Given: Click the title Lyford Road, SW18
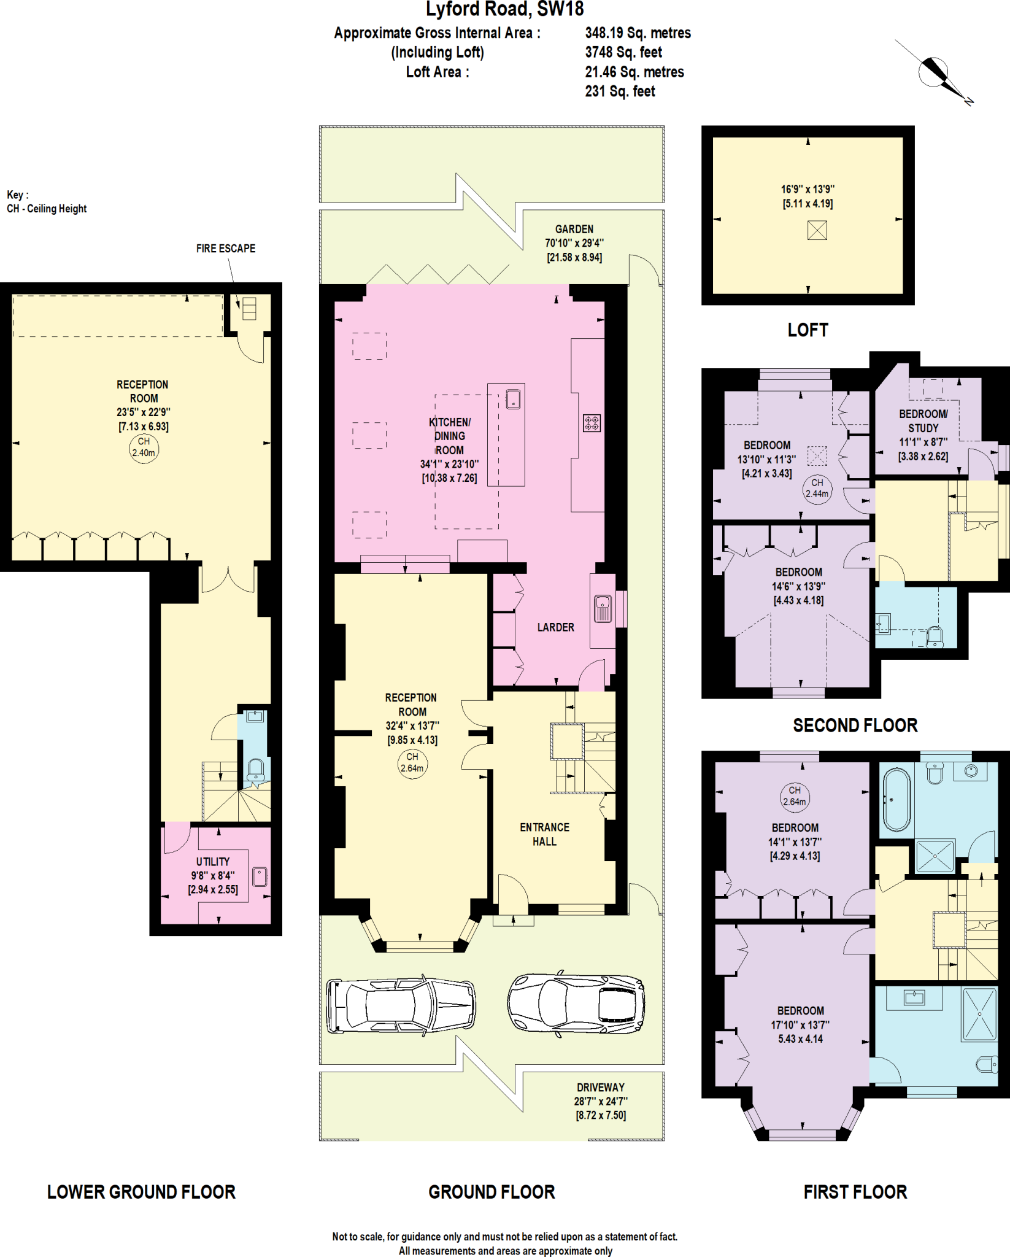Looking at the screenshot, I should click(x=504, y=10).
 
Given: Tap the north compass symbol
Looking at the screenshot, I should click(x=933, y=73).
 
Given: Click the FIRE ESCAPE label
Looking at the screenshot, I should click(x=225, y=249).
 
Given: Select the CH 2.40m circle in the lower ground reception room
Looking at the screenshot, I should click(x=144, y=448).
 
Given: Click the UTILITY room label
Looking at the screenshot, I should click(x=213, y=862).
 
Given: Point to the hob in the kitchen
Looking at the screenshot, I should click(x=592, y=422).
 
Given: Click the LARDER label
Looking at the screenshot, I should click(x=555, y=627).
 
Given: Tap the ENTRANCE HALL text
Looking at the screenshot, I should click(x=544, y=835).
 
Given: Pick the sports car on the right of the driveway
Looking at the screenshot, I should click(x=576, y=1005).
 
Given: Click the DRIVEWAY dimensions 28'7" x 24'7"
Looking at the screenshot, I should click(x=600, y=1101).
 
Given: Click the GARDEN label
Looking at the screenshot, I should click(x=574, y=229).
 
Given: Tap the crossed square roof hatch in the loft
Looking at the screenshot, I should click(x=817, y=230).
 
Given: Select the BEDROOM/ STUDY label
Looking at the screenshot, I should click(x=923, y=421).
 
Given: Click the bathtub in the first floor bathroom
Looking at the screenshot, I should click(x=896, y=800).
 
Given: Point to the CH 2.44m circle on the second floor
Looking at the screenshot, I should click(x=817, y=489).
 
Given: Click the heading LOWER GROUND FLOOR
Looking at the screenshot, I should click(x=141, y=1192).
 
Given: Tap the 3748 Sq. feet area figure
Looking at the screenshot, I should click(x=623, y=53).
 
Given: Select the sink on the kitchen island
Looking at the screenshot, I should click(x=513, y=399).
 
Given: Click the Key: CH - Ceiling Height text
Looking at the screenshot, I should click(x=47, y=202).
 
